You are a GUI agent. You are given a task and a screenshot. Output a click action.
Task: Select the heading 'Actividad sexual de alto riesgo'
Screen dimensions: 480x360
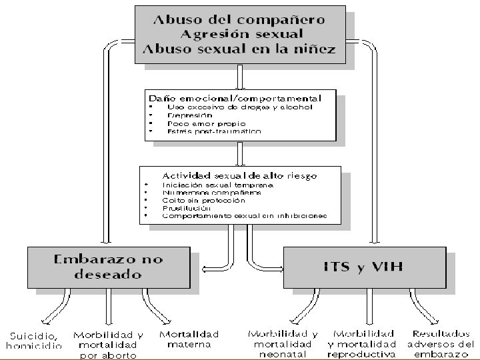(x=240, y=175)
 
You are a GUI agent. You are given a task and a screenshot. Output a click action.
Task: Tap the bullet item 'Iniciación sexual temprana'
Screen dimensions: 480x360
(x=217, y=184)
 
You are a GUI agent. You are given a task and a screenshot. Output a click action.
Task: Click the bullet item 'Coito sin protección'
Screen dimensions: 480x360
(x=203, y=200)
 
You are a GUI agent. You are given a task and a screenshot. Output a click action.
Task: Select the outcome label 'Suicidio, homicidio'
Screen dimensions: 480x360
(x=34, y=340)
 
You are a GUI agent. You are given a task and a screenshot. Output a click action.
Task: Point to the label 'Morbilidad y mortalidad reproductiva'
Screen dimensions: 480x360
(x=363, y=343)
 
